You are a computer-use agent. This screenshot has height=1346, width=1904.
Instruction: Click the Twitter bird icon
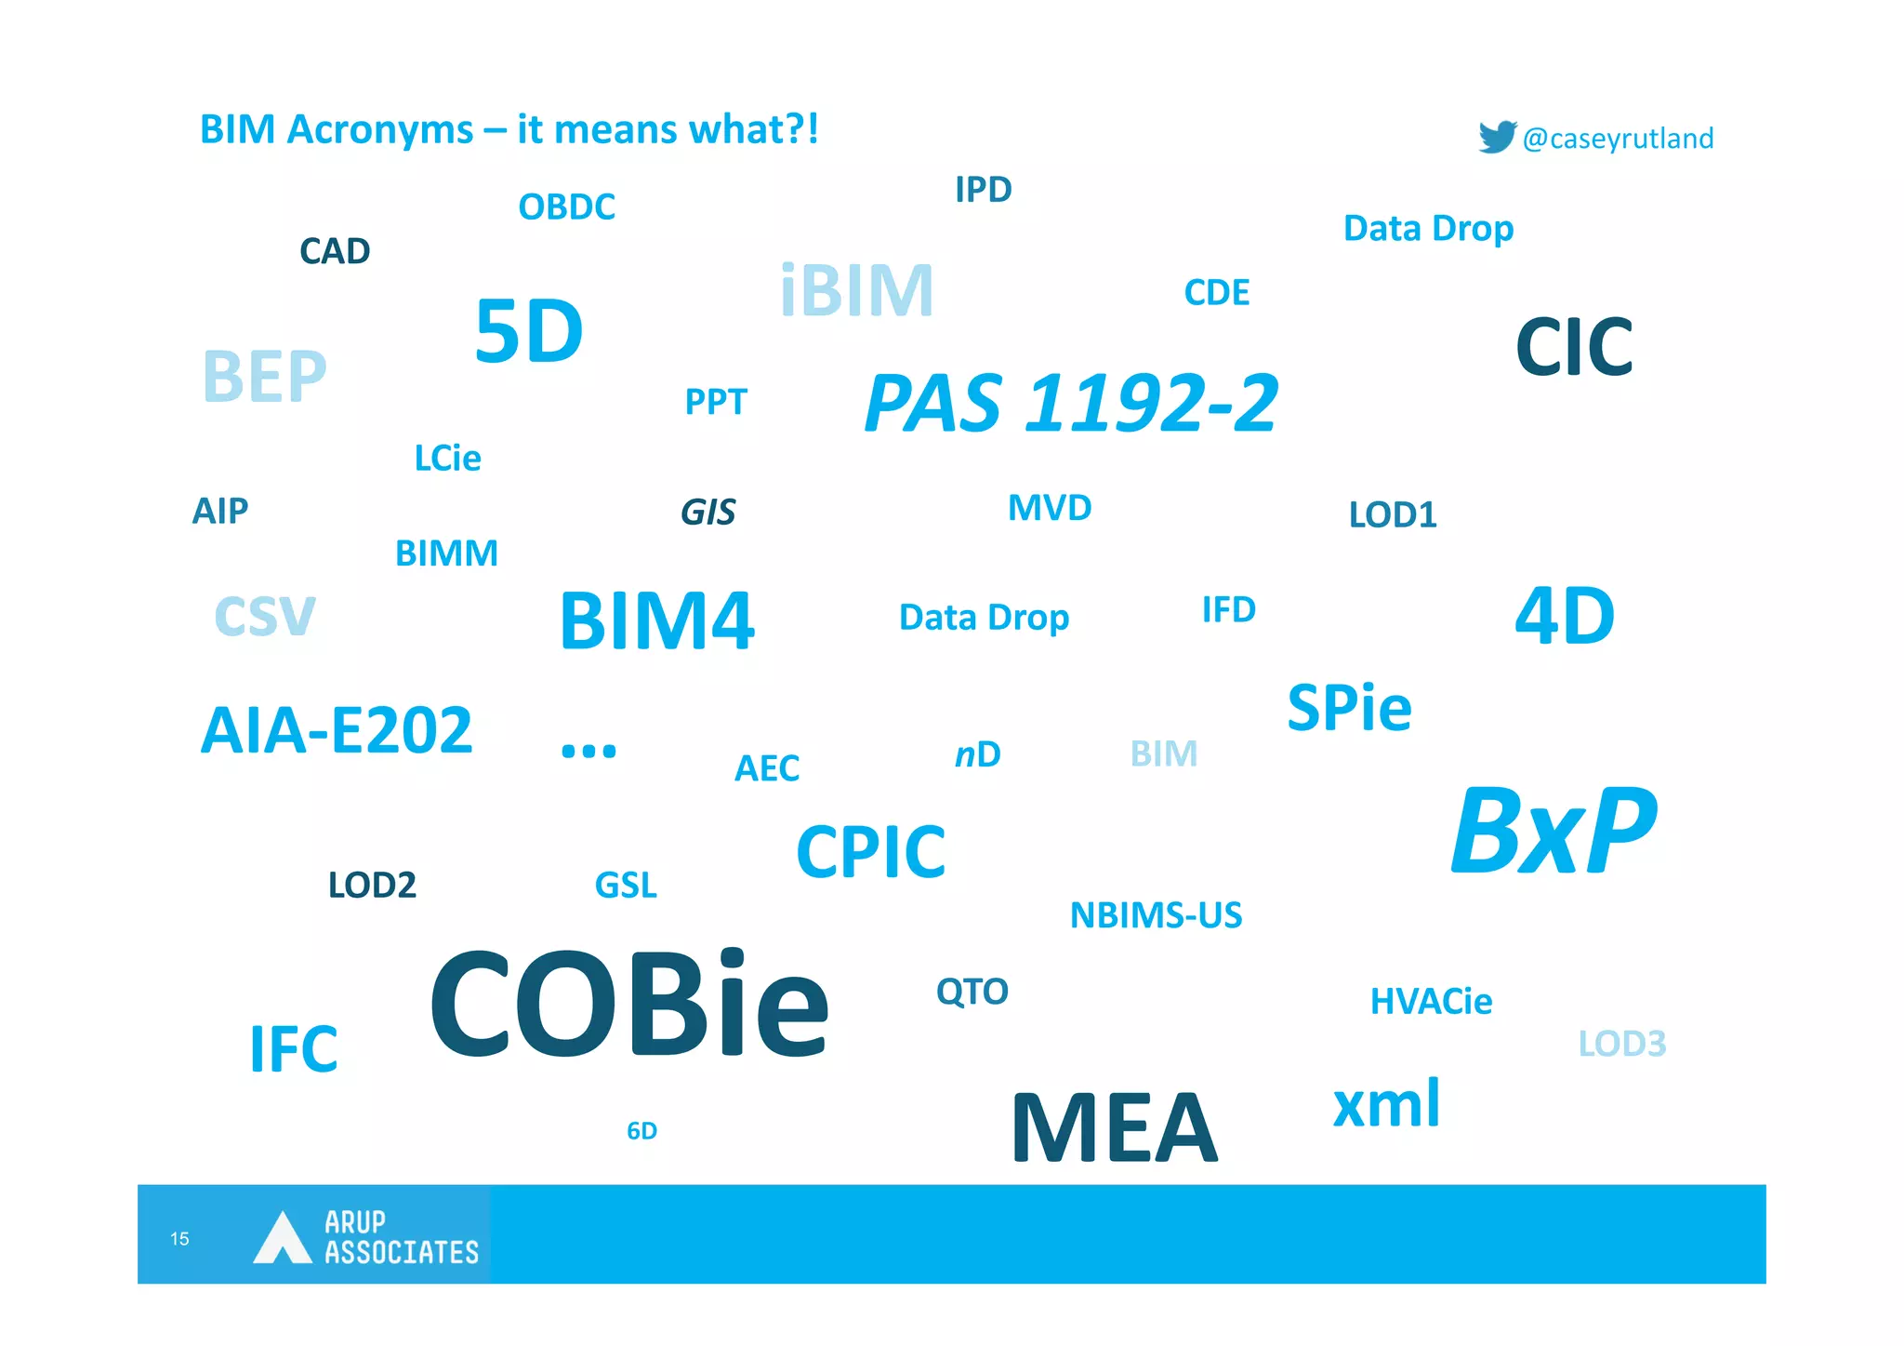click(1497, 137)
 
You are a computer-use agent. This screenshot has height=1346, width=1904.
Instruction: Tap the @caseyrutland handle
click(1618, 139)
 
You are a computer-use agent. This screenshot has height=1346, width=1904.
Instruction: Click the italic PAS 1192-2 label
click(1071, 404)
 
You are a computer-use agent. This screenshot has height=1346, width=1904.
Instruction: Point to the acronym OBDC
click(566, 207)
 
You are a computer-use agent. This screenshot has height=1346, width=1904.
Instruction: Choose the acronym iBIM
click(856, 291)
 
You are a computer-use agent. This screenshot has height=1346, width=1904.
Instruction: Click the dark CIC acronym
click(1573, 347)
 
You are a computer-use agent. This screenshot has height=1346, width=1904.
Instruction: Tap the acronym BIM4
click(656, 620)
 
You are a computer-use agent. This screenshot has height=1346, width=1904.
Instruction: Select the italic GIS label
click(707, 512)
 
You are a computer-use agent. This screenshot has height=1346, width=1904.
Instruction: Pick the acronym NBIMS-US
click(1156, 915)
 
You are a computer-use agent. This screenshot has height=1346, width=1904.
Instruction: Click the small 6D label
click(641, 1130)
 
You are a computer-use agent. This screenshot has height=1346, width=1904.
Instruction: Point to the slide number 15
click(179, 1238)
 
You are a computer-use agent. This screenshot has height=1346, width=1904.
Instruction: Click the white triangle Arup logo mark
click(282, 1239)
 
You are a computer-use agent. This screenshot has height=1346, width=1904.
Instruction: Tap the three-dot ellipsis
click(588, 750)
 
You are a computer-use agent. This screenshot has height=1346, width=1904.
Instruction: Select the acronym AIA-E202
click(337, 730)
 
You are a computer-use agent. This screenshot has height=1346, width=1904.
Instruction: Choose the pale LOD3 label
click(1621, 1044)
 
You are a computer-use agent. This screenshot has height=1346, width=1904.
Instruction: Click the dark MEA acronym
click(1114, 1127)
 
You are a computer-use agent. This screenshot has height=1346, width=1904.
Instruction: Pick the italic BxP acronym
click(1554, 831)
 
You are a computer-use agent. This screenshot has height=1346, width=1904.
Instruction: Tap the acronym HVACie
click(1431, 1001)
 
